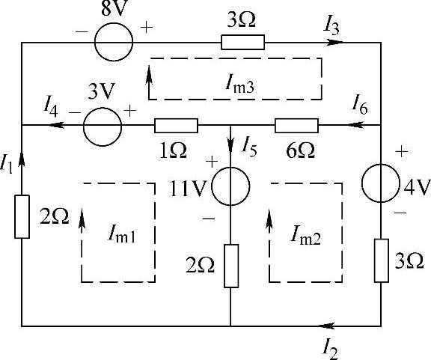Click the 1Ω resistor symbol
[x=176, y=126]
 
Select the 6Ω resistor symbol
[x=296, y=126]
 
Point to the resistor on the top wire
[x=242, y=42]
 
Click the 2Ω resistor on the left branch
[x=22, y=217]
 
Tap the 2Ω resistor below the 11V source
[x=231, y=266]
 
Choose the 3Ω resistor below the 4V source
[x=382, y=260]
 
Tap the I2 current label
[x=330, y=349]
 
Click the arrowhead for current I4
[x=57, y=125]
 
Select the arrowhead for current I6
[x=356, y=125]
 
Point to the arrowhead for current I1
[x=22, y=159]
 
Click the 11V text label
[x=188, y=189]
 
